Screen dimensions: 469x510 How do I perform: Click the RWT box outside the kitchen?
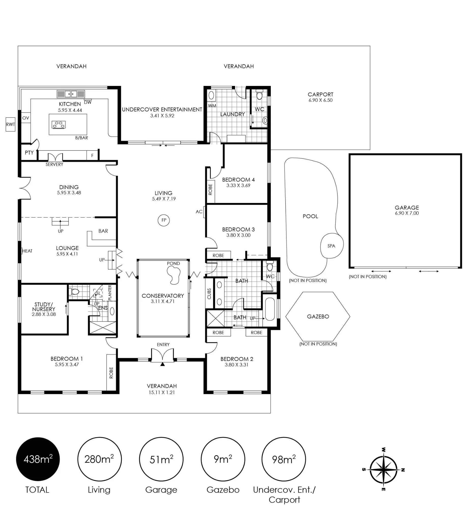(x=10, y=124)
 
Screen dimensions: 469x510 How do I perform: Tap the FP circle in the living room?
(x=164, y=220)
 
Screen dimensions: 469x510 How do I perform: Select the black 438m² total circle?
(x=38, y=459)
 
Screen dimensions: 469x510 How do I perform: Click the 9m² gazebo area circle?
(x=223, y=459)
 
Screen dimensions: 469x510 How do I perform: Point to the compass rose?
(x=383, y=469)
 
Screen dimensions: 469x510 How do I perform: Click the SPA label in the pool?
(x=331, y=246)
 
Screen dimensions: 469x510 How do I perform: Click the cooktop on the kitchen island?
(x=59, y=124)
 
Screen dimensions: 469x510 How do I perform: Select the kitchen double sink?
(x=71, y=94)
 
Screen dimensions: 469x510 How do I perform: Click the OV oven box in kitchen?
(x=26, y=118)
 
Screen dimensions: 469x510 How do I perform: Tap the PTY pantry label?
(x=29, y=153)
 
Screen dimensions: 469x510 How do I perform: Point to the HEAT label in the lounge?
(x=27, y=251)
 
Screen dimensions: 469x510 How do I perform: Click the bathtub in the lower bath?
(x=270, y=309)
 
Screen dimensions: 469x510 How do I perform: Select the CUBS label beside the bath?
(x=209, y=294)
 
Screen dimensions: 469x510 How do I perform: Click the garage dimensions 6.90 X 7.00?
(x=407, y=213)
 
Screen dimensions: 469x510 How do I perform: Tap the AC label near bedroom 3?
(x=199, y=212)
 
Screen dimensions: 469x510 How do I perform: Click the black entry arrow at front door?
(x=162, y=364)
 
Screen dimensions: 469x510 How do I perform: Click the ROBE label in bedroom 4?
(x=210, y=189)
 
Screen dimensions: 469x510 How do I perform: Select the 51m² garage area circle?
(x=161, y=459)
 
